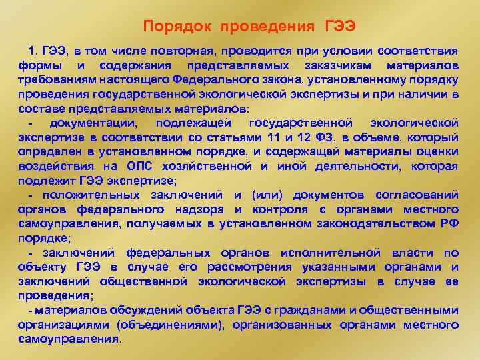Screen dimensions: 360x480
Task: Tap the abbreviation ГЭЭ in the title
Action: pyautogui.click(x=340, y=27)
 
